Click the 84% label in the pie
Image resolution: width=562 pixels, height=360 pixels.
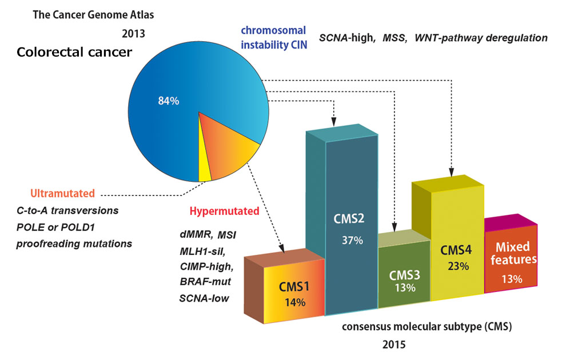[169, 101]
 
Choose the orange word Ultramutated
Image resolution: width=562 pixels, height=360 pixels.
[63, 194]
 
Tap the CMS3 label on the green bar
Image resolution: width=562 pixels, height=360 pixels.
[405, 275]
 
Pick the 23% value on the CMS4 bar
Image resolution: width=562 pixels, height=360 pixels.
[459, 266]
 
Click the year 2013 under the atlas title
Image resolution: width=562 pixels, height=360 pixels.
[133, 33]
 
